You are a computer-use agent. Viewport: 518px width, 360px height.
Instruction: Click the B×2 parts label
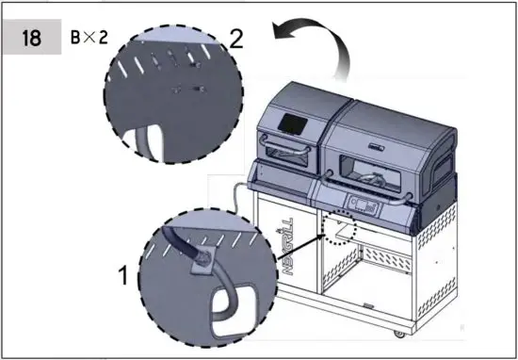click(90, 41)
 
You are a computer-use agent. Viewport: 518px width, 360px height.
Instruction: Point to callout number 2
click(236, 40)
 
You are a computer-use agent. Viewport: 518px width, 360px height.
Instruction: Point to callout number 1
click(122, 275)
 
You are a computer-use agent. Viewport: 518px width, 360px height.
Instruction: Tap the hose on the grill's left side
click(236, 197)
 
